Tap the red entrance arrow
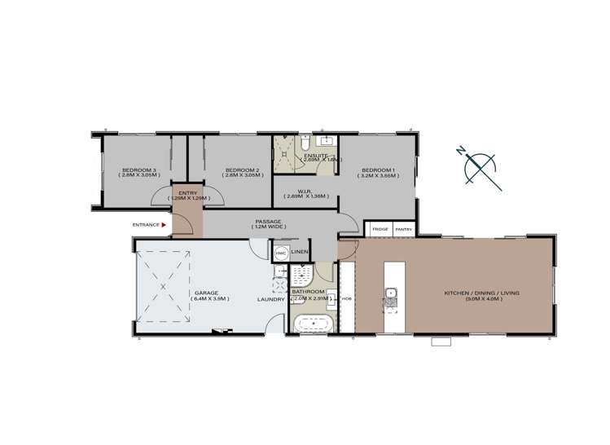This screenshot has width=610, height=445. click(165, 225)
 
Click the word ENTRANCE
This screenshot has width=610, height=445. click(146, 225)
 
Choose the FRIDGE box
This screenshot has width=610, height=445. click(380, 230)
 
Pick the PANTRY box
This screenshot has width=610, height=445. click(404, 230)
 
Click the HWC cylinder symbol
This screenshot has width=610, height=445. click(280, 254)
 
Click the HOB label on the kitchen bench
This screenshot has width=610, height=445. click(346, 299)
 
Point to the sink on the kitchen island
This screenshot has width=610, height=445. click(391, 293)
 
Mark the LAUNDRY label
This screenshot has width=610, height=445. click(270, 300)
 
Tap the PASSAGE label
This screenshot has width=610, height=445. click(268, 221)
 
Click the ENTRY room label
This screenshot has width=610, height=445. click(188, 193)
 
